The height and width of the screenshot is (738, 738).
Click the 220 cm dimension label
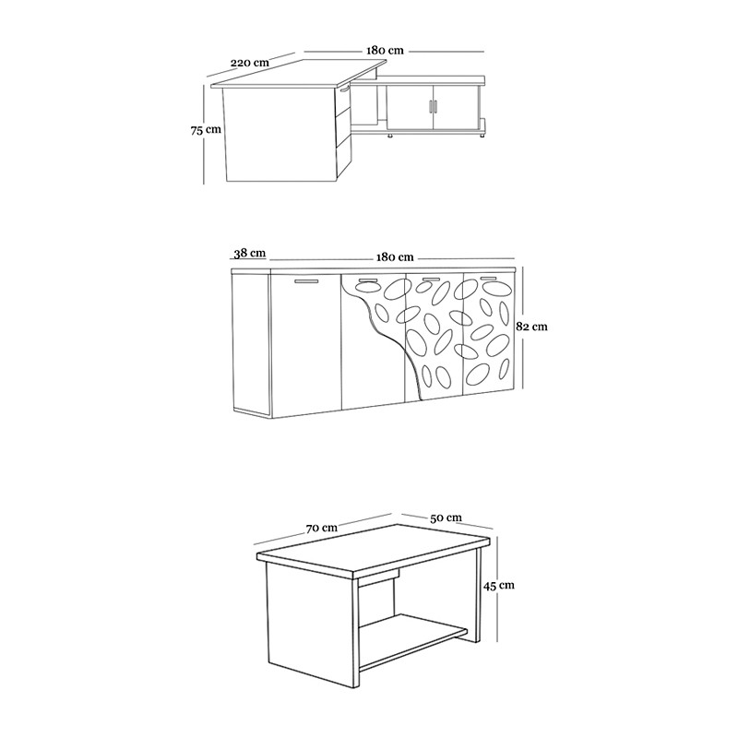[x=249, y=63]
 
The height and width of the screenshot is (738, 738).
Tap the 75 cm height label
[x=206, y=129]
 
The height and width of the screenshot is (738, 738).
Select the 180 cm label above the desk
[x=385, y=51]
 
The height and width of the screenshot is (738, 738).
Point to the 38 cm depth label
[x=250, y=253]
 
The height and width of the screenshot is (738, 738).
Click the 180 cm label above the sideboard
[x=395, y=257]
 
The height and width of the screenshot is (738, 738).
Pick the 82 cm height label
[x=532, y=327]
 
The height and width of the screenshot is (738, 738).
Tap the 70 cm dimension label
[x=322, y=528]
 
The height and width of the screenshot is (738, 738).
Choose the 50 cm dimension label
[x=446, y=518]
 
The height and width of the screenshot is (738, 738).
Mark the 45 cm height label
[x=498, y=585]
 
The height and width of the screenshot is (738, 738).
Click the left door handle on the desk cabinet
[x=430, y=107]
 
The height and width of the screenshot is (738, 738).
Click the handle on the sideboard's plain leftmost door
[x=306, y=281]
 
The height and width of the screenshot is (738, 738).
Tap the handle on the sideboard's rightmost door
[x=489, y=279]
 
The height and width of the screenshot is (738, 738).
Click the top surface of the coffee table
[x=375, y=550]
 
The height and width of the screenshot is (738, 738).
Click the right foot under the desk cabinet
[x=482, y=136]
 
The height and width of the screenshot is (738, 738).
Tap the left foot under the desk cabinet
[x=390, y=136]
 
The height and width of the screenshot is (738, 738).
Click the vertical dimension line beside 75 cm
[x=204, y=135]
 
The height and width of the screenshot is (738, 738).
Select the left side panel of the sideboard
[x=251, y=342]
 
